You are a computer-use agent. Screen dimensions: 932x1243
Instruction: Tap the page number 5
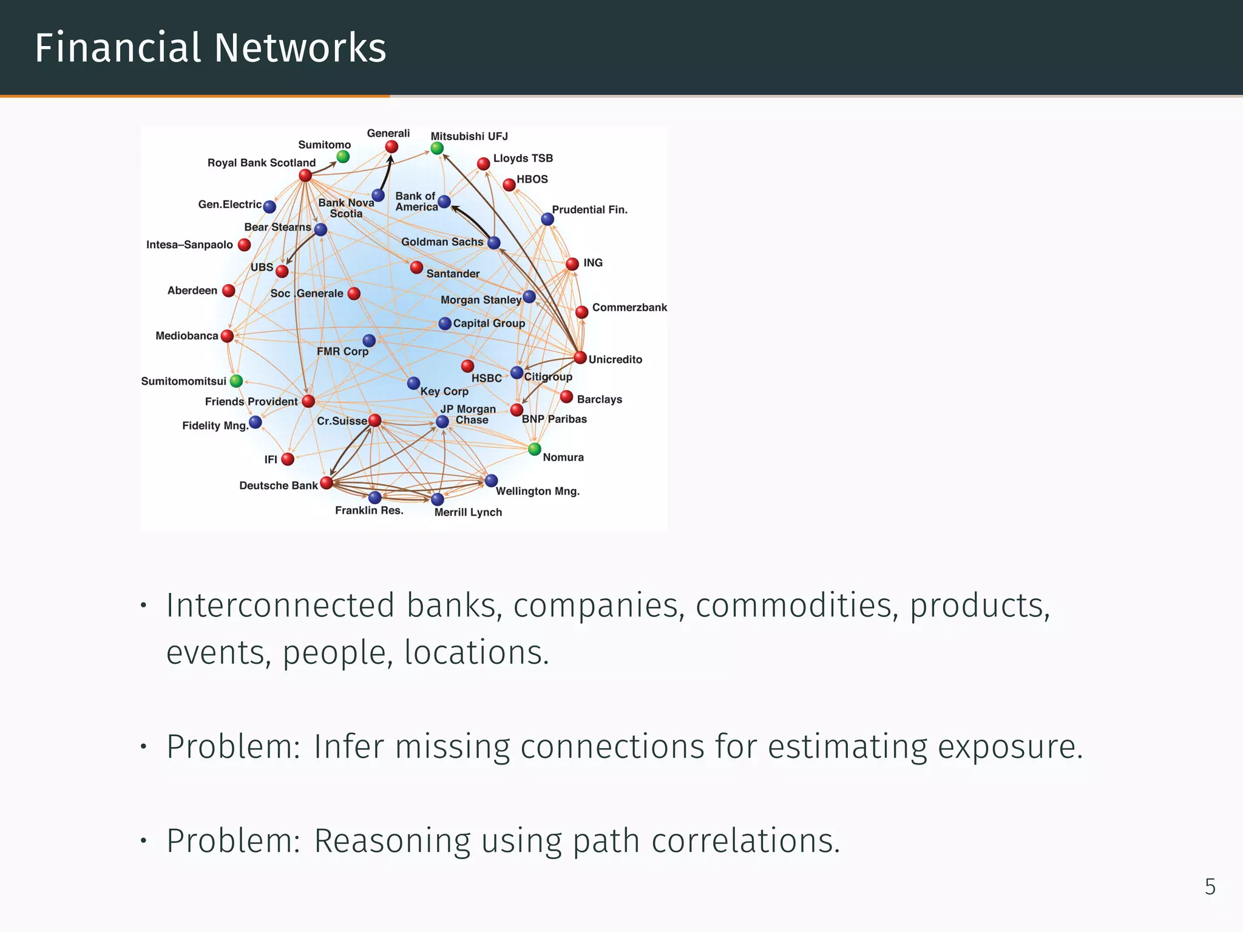[1210, 886]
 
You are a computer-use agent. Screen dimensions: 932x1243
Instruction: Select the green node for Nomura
[534, 449]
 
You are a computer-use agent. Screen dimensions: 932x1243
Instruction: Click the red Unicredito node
[580, 357]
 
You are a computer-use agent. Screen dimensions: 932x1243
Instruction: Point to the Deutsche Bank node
[327, 482]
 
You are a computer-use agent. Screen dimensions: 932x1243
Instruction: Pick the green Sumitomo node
[343, 157]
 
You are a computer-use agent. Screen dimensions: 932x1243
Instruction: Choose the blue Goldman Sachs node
[494, 243]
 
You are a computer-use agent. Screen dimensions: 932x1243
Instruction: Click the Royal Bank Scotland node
[305, 175]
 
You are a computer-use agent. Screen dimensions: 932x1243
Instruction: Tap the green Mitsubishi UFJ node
[437, 148]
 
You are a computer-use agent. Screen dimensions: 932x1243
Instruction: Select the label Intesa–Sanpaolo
[189, 245]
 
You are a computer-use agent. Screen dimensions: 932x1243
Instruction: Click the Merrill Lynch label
[468, 512]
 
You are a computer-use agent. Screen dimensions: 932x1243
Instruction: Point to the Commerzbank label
[629, 307]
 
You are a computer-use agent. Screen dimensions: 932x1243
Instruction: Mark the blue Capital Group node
[445, 323]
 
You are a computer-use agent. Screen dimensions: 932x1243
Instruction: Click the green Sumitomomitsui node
[237, 381]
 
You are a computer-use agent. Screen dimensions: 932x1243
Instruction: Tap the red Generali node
[391, 147]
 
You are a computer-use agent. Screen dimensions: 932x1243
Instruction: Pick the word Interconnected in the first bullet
[280, 606]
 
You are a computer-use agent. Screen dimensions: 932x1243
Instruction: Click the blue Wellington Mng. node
[492, 481]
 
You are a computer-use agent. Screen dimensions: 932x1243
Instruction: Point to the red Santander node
[416, 267]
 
